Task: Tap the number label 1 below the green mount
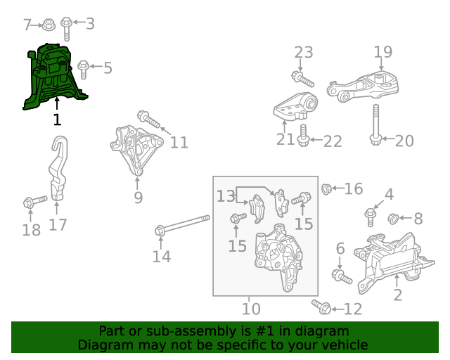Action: [x=57, y=120]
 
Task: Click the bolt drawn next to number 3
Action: [x=66, y=27]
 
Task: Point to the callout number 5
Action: [x=108, y=68]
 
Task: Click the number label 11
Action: [x=179, y=143]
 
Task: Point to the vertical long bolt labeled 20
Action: [x=376, y=125]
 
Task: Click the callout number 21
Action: [x=285, y=139]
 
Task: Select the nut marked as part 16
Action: [x=327, y=188]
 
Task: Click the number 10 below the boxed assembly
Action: [x=251, y=309]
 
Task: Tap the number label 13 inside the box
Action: [x=226, y=196]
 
